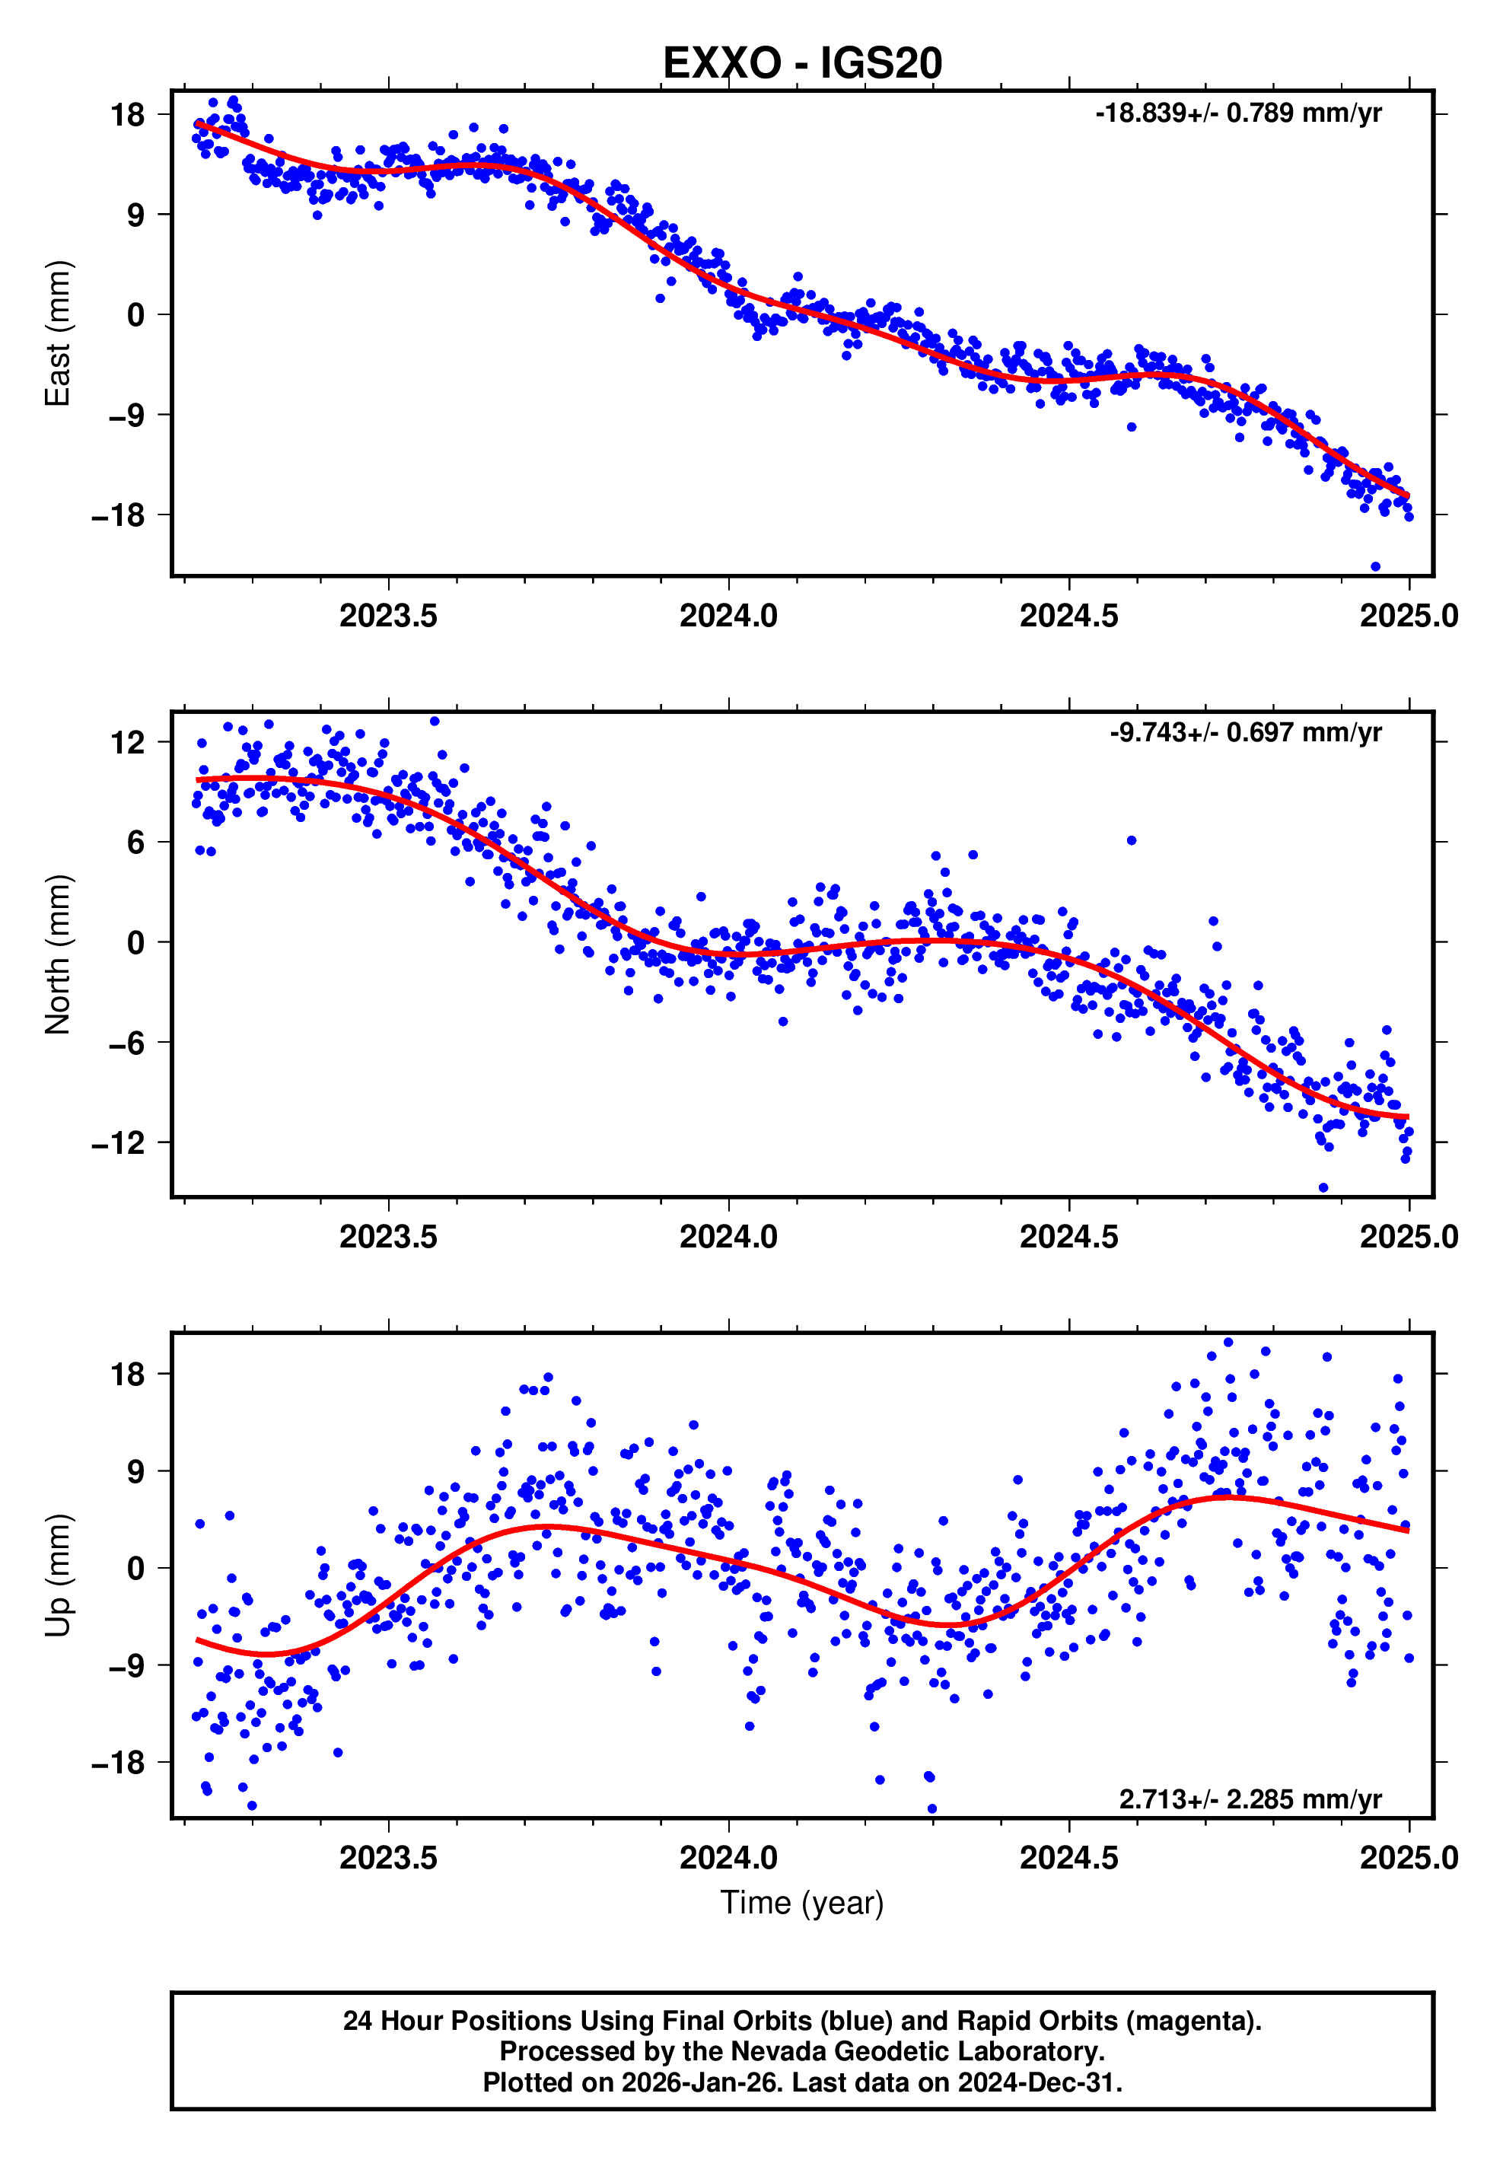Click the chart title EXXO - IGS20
tap(801, 63)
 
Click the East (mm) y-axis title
tap(59, 333)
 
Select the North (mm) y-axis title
tap(59, 954)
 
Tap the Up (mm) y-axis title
tap(59, 1576)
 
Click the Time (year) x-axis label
tap(801, 1901)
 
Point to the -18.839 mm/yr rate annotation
tap(1237, 113)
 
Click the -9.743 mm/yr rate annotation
tap(1245, 733)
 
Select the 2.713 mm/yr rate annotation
tap(1250, 1799)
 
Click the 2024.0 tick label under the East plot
tap(728, 617)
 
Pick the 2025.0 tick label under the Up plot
tap(1408, 1857)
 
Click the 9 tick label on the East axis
tap(136, 215)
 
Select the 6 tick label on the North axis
tap(136, 843)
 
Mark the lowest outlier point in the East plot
tap(1375, 566)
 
